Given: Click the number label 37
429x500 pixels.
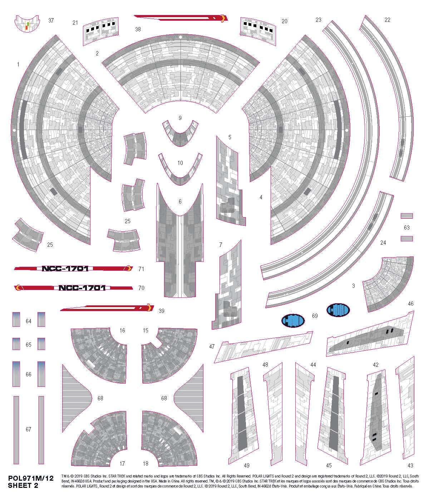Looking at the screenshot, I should [51, 20].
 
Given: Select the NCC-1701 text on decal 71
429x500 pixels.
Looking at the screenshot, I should [65, 269].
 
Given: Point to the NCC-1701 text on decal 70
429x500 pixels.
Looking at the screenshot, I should [82, 288].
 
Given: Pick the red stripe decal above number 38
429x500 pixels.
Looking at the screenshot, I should [181, 18].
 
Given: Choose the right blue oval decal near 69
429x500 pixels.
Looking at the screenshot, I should [338, 309].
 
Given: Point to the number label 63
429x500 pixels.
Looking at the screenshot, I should [406, 227].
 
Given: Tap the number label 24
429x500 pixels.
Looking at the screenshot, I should [383, 243].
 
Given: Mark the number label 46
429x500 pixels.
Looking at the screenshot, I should [410, 304].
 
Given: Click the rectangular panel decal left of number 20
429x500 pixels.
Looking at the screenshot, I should [258, 32].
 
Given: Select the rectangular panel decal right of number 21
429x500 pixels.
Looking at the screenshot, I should [101, 32].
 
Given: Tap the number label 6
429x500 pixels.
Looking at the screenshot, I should [180, 202].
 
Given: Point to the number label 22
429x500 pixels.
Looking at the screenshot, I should [387, 20].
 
